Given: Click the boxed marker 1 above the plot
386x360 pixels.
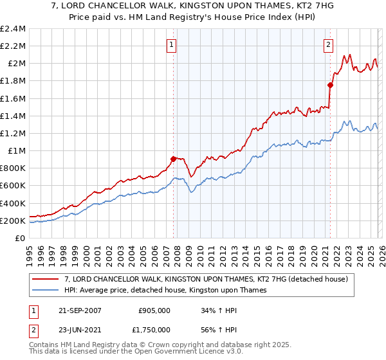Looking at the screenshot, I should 172,45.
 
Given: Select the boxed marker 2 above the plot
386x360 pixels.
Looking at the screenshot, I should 328,45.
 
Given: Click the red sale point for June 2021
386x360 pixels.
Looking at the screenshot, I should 330,85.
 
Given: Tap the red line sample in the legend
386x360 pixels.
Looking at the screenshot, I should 46,279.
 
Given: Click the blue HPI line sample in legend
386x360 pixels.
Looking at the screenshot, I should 46,290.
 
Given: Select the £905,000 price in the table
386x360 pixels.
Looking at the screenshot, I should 154,310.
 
